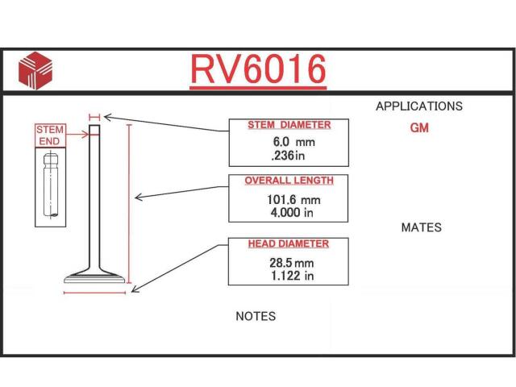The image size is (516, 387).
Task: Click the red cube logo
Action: coord(35,70)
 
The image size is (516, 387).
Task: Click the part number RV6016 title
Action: coord(258,69)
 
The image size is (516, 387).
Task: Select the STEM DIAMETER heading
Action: coord(289,125)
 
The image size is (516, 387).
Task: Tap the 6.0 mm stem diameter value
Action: coord(293,142)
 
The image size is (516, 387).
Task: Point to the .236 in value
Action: coord(289,155)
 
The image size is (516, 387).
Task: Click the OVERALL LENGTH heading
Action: coord(289,181)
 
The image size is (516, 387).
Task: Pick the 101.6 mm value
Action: coord(293,200)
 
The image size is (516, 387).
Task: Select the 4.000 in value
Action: coord(292,213)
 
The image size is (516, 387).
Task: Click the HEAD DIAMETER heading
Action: coord(289,243)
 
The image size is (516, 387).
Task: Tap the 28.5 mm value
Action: coord(292,263)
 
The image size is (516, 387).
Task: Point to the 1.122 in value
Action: coord(292,276)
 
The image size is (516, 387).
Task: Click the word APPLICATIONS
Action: coord(419,106)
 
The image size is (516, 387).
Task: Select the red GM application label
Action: coord(419,127)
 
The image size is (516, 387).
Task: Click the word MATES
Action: coord(422,227)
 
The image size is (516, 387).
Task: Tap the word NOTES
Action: coord(256,316)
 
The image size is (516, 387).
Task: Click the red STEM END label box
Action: coord(50,135)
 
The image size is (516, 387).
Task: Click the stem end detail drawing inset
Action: coord(50,187)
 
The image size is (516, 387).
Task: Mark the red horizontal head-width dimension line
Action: coord(95,293)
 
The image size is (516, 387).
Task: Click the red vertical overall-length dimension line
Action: coord(129,204)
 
